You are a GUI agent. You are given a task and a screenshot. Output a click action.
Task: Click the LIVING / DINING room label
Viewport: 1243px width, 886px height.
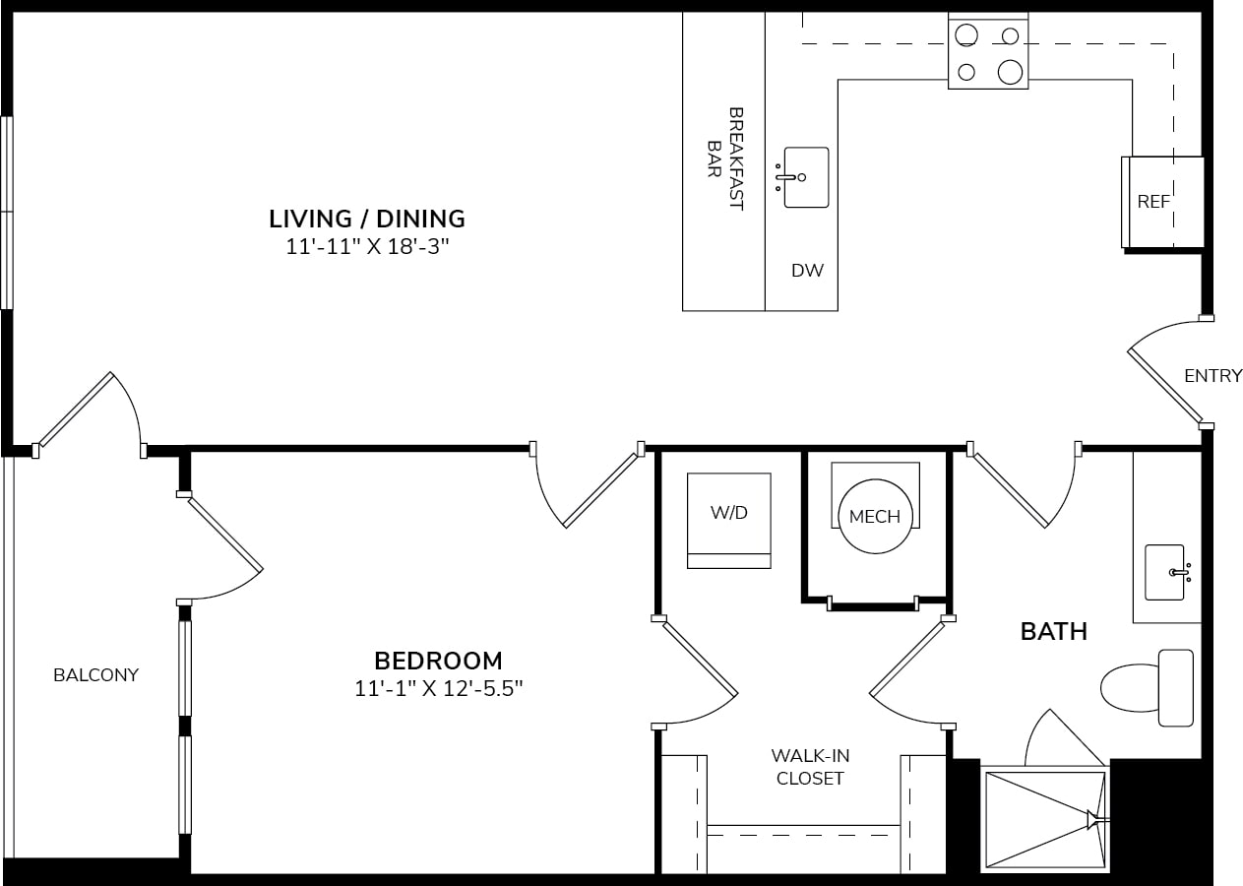[367, 219]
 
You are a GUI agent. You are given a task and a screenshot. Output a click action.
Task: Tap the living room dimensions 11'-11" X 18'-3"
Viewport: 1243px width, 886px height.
[367, 246]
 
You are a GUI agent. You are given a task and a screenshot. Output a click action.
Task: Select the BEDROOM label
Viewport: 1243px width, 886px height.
[438, 662]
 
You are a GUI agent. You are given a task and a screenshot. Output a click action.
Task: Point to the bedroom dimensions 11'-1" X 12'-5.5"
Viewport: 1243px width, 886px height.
[438, 689]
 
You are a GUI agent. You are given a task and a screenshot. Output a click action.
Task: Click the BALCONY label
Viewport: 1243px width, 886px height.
[96, 675]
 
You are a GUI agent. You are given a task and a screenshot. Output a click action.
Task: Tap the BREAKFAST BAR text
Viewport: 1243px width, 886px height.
[725, 158]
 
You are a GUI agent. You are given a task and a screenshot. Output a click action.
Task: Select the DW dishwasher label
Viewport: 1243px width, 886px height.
[807, 271]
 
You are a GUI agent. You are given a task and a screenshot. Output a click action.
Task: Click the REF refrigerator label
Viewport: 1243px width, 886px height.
[1153, 202]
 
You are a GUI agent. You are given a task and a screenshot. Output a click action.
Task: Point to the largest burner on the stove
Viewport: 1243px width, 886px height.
[1010, 72]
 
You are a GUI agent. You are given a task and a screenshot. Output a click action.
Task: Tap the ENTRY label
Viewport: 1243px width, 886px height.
[1213, 376]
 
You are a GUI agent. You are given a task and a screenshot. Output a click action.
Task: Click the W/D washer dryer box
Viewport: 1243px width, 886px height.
[728, 521]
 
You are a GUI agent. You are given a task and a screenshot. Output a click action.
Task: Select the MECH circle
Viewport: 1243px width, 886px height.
[875, 516]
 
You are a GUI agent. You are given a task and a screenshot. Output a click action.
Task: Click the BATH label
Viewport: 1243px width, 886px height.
[1054, 632]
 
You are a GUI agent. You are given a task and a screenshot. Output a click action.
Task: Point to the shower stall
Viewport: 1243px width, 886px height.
[1045, 819]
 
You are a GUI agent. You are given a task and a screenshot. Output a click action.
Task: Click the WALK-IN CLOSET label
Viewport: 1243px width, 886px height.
[810, 767]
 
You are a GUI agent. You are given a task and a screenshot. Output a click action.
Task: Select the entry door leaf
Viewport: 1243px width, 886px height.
[1164, 385]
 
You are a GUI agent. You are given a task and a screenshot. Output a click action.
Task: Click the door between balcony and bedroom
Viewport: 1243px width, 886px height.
[225, 533]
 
